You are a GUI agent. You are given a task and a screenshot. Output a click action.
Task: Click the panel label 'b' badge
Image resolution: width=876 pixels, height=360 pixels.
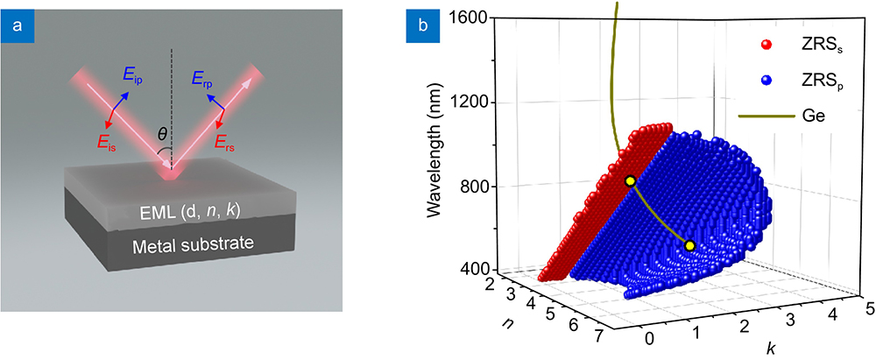[420, 25]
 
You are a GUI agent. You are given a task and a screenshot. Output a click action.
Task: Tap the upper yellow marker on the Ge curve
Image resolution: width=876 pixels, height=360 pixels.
[629, 180]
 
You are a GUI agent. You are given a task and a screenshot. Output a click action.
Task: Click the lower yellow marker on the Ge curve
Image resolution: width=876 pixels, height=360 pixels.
[689, 246]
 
